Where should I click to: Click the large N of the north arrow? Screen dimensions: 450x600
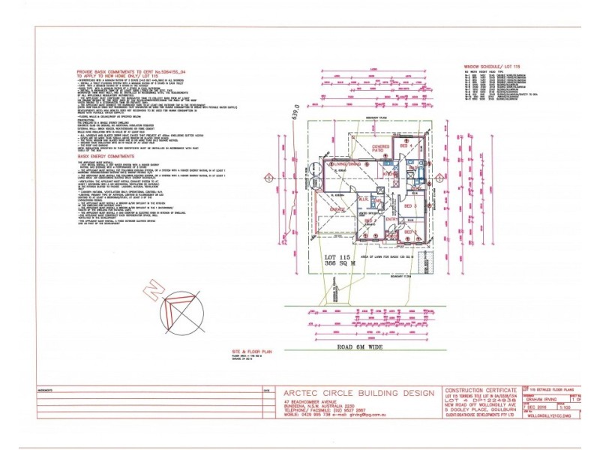pyautogui.click(x=153, y=286)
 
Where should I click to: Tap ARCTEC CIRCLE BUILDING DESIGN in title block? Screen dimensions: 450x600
pyautogui.click(x=358, y=393)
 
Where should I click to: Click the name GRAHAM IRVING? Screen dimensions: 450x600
pyautogui.click(x=545, y=400)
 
